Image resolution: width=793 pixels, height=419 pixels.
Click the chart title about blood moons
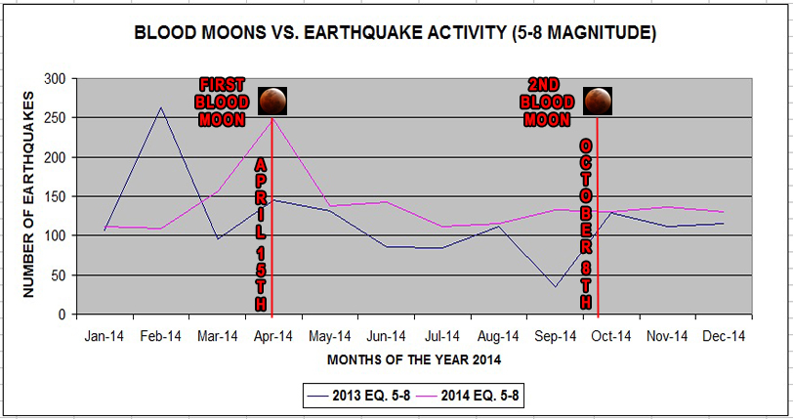[x=395, y=33]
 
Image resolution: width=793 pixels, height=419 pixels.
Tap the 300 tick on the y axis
[x=55, y=79]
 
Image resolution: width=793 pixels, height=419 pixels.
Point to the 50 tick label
[x=59, y=275]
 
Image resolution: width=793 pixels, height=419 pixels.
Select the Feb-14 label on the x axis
[x=161, y=336]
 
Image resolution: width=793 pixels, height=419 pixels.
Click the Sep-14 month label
[x=556, y=336]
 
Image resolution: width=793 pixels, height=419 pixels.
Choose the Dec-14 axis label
[x=724, y=336]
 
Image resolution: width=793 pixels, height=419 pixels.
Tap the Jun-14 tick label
[x=387, y=336]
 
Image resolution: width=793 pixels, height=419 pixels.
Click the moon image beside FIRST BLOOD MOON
[x=272, y=101]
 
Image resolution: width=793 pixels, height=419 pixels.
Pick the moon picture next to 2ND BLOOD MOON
[x=598, y=101]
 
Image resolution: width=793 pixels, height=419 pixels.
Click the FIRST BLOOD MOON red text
[x=222, y=103]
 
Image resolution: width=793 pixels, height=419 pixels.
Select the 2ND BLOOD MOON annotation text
[x=547, y=103]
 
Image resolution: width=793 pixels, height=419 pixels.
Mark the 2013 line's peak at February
[x=161, y=107]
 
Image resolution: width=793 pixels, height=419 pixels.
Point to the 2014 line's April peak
[x=273, y=119]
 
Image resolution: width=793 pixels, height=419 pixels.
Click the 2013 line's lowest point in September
[x=556, y=287]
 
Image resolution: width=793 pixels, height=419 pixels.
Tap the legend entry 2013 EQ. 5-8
[x=359, y=396]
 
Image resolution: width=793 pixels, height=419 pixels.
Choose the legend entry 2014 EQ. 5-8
[x=468, y=396]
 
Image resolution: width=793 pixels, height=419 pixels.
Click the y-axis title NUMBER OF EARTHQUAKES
[x=28, y=194]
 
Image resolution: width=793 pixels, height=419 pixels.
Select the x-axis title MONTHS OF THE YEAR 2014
[x=414, y=359]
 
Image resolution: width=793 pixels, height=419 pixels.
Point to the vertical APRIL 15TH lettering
[x=261, y=234]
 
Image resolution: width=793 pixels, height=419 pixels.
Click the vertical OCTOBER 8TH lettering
[x=586, y=225]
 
